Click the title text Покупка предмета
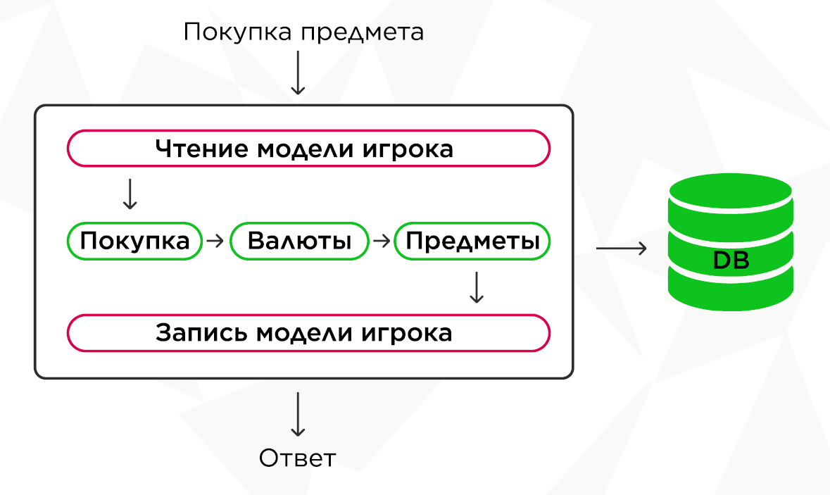[303, 32]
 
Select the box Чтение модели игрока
[308, 149]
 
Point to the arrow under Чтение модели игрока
[129, 194]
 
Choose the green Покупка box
[134, 242]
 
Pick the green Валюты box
[299, 242]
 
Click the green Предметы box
[472, 242]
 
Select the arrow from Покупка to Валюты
[215, 241]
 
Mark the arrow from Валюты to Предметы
[381, 241]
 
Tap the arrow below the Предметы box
[477, 287]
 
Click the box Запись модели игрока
[308, 332]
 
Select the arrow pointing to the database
[621, 248]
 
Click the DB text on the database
[731, 261]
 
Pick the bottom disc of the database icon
[731, 296]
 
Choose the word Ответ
[298, 458]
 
